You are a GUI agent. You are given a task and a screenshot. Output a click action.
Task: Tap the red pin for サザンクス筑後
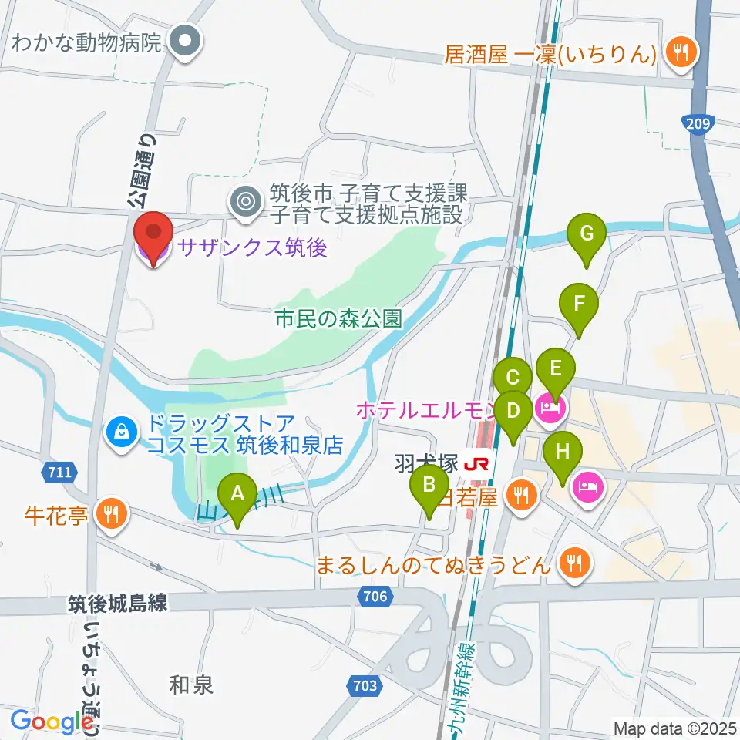coord(153,233)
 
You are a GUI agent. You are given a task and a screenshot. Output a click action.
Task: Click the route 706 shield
coord(376,594)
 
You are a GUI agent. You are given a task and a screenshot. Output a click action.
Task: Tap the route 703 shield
coord(367,684)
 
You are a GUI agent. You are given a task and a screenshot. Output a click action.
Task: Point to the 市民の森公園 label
coord(340,319)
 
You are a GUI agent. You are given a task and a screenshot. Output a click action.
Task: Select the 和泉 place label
coord(191,684)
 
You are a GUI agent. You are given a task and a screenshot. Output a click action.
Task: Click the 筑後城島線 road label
coord(117,604)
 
